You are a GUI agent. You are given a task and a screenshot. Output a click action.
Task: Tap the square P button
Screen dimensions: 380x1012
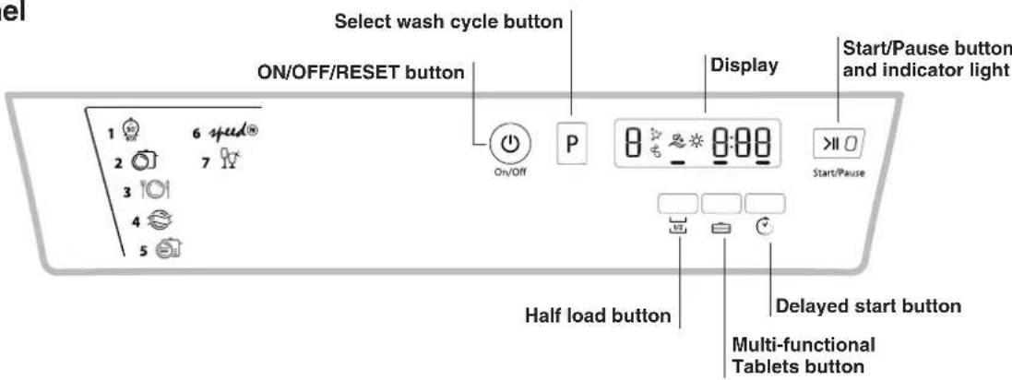573,147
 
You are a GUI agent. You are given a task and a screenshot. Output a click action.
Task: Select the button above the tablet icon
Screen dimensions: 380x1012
723,203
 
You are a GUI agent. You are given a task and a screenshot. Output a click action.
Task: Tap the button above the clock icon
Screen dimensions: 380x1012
768,203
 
